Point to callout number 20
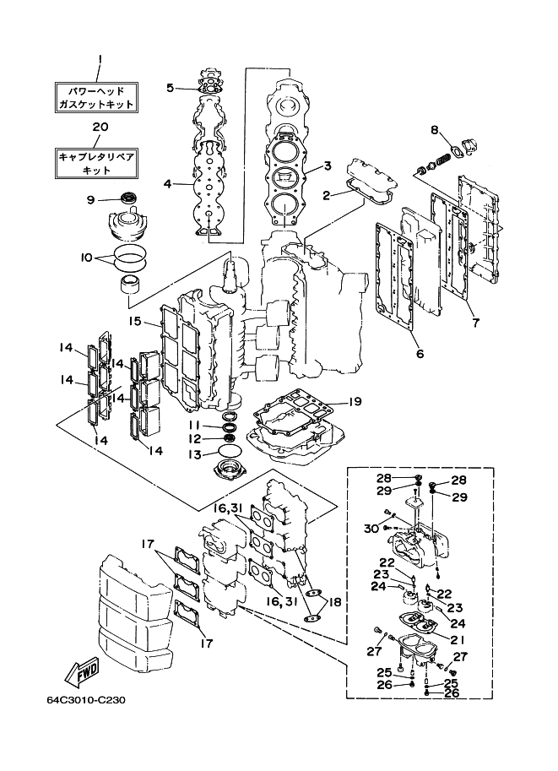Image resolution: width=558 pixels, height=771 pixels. (x=100, y=127)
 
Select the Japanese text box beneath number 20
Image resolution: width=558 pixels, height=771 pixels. (x=95, y=163)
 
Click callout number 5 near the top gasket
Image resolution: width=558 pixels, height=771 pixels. (x=170, y=88)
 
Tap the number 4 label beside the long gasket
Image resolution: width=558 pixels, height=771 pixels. (x=167, y=183)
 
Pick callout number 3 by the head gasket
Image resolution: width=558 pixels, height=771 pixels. (x=328, y=166)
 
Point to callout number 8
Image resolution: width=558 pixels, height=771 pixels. (x=435, y=130)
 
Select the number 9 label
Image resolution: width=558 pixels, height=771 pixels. (x=89, y=200)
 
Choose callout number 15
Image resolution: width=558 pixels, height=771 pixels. (x=134, y=321)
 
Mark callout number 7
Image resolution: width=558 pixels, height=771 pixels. (x=475, y=323)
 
